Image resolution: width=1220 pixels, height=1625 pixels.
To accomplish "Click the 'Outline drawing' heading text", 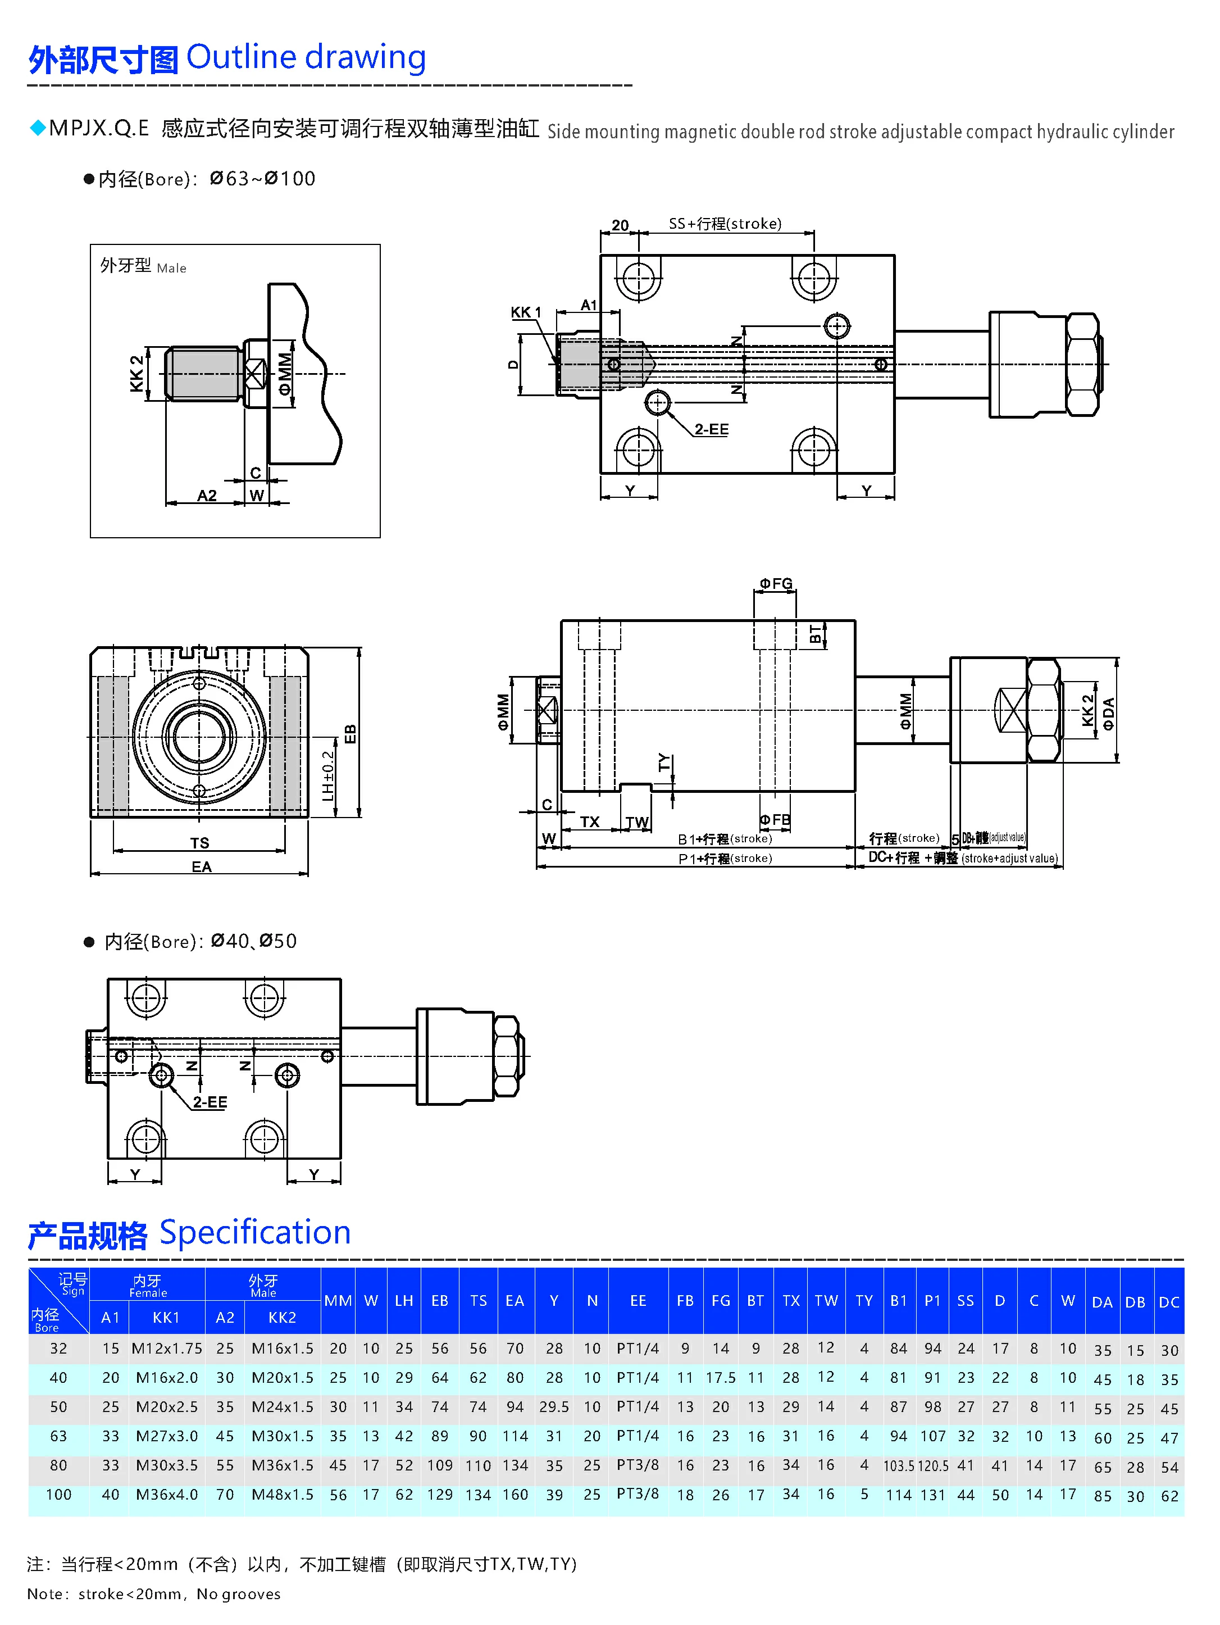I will (x=306, y=57).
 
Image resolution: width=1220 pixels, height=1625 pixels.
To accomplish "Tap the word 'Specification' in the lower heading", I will (x=255, y=1233).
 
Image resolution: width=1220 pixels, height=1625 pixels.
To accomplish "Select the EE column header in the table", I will (x=638, y=1300).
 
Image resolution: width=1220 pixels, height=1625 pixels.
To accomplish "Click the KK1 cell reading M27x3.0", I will (x=167, y=1436).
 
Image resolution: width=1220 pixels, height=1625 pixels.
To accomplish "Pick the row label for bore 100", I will (x=59, y=1494).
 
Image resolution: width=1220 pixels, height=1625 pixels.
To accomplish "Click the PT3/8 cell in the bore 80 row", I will (x=638, y=1465).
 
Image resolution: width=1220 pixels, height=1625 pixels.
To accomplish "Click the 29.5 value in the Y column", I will (x=554, y=1407).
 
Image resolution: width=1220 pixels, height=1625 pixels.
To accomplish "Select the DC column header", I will (x=1168, y=1302).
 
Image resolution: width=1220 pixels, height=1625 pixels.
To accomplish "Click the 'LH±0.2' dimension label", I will (x=329, y=776).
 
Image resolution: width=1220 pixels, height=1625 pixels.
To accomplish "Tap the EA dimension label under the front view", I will (x=201, y=867).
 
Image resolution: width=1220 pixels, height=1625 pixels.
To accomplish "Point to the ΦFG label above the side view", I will (x=776, y=583).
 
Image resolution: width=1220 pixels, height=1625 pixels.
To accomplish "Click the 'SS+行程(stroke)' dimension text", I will (x=725, y=223).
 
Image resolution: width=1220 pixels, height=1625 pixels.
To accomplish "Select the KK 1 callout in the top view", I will (x=525, y=312).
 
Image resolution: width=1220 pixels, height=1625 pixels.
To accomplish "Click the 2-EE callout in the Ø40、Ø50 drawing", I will (x=210, y=1102).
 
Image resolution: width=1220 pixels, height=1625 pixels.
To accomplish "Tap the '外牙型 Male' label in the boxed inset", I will (x=143, y=266).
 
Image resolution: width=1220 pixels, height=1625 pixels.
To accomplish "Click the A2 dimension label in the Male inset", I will (x=207, y=496).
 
